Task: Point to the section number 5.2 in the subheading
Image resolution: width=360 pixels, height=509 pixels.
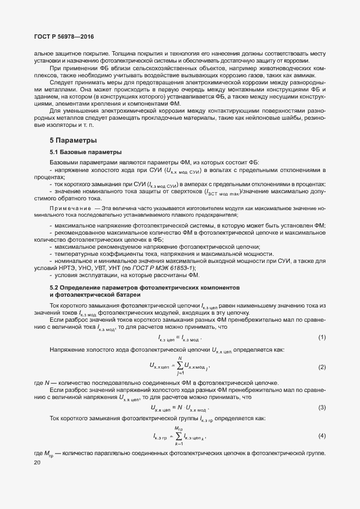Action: click(54, 287)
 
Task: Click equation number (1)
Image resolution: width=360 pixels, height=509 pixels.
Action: click(322, 338)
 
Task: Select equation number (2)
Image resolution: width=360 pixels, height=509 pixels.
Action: click(322, 367)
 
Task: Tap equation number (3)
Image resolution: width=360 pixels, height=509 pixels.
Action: click(322, 407)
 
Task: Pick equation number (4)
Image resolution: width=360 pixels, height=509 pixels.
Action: click(322, 436)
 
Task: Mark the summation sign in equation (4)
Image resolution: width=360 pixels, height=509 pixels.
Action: click(179, 436)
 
